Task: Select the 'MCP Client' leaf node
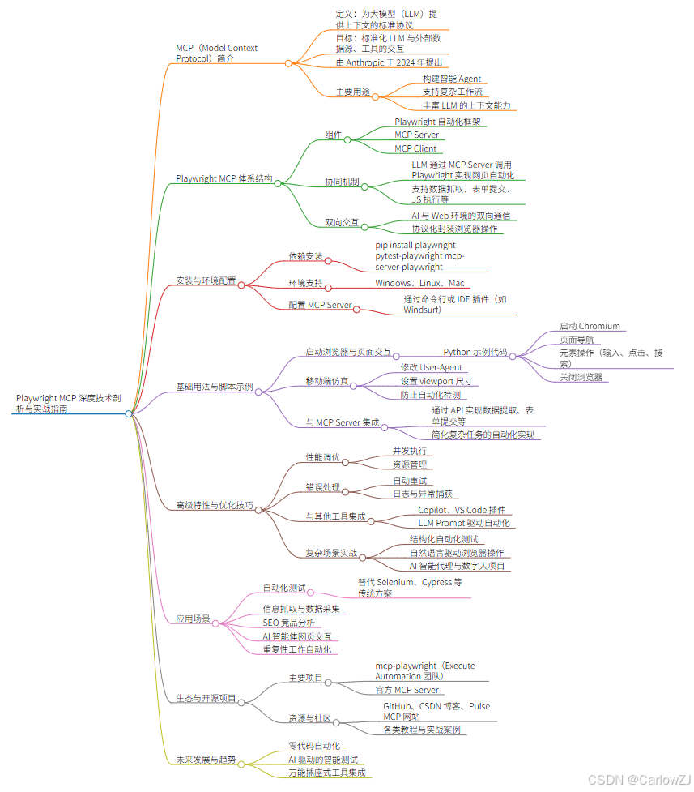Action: [x=415, y=148]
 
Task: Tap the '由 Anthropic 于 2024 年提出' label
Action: [x=389, y=62]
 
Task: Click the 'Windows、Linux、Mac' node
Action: [x=419, y=283]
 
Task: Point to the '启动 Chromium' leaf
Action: [x=590, y=326]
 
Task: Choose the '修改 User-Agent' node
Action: [x=432, y=367]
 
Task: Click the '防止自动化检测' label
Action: [x=431, y=395]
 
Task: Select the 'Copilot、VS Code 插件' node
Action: [x=461, y=510]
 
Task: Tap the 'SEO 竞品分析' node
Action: [x=289, y=623]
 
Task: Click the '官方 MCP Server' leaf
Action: [x=407, y=690]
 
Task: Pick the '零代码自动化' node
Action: [x=313, y=746]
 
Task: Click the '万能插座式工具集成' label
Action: [x=326, y=773]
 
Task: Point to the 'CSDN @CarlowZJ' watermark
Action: [x=639, y=779]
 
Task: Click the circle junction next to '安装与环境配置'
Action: [x=241, y=285]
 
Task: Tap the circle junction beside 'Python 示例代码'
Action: [x=512, y=355]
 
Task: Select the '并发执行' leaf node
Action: [x=409, y=451]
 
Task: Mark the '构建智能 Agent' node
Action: [x=452, y=79]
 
